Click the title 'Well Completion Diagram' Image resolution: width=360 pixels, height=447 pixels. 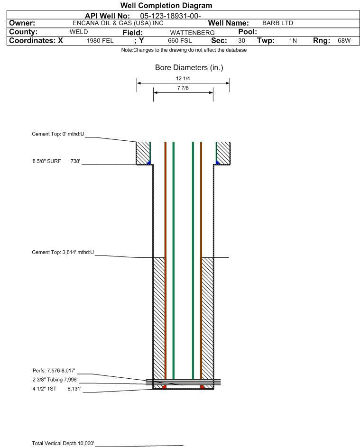pyautogui.click(x=166, y=5)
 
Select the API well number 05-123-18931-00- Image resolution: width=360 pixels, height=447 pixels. pyautogui.click(x=170, y=16)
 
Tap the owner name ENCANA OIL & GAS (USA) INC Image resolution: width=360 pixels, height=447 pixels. pyautogui.click(x=118, y=23)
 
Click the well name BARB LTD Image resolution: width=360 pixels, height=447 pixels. pyautogui.click(x=277, y=23)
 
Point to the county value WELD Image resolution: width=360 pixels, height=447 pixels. pyautogui.click(x=79, y=32)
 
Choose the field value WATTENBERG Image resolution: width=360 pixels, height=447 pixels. pyautogui.click(x=192, y=33)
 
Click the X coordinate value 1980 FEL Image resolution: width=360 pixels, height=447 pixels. pyautogui.click(x=100, y=41)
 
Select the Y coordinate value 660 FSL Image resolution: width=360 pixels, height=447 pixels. pyautogui.click(x=180, y=41)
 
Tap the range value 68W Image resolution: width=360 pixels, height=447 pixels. pyautogui.click(x=344, y=41)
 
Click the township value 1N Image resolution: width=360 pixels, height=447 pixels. pyautogui.click(x=293, y=41)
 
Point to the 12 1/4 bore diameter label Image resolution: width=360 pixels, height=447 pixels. pyautogui.click(x=183, y=78)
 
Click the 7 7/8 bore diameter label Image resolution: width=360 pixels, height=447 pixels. pyautogui.click(x=183, y=88)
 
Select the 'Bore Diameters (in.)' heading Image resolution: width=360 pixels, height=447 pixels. pyautogui.click(x=189, y=68)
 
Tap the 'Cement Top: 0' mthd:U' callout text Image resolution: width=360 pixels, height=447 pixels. pyautogui.click(x=58, y=134)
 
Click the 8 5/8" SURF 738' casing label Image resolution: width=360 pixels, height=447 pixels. pyautogui.click(x=56, y=161)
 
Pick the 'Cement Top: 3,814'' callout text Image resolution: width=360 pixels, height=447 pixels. pyautogui.click(x=63, y=252)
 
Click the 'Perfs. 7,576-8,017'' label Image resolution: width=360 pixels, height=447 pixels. pyautogui.click(x=54, y=371)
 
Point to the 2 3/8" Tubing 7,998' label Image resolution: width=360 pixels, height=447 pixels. pyautogui.click(x=55, y=380)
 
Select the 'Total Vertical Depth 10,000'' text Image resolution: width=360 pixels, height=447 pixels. pyautogui.click(x=63, y=443)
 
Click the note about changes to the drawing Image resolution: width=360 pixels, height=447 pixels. pyautogui.click(x=184, y=50)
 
